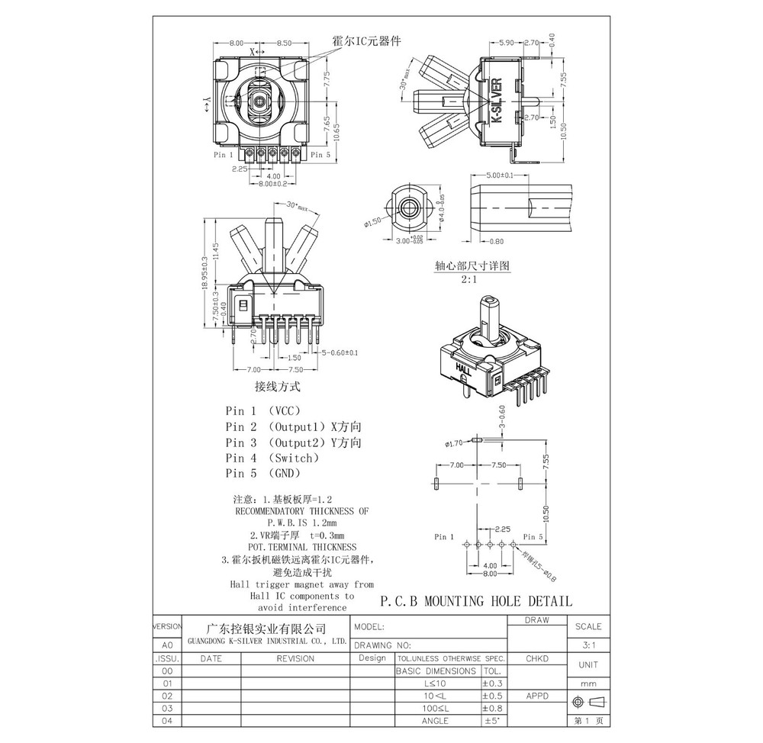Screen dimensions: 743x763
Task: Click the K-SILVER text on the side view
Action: pos(496,102)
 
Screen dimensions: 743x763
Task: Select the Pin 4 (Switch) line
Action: pos(272,458)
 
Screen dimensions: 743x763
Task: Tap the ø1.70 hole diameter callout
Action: pos(455,442)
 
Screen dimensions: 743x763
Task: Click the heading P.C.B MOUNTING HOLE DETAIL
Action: pos(475,601)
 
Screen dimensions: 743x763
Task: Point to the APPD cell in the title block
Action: pos(539,696)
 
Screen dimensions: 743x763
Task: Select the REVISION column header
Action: pos(295,658)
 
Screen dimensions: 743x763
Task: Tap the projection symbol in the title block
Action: pos(588,701)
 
